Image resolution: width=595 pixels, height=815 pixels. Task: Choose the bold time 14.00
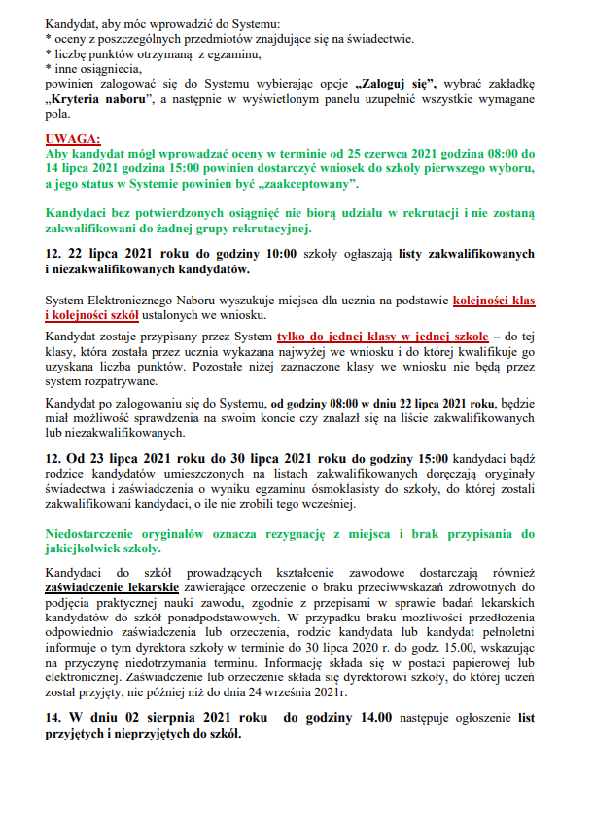click(x=373, y=718)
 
